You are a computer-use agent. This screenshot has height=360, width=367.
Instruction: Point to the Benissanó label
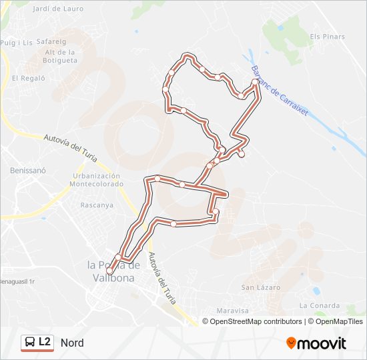[x=27, y=171]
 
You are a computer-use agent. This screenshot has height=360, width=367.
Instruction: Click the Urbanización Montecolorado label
[x=97, y=179]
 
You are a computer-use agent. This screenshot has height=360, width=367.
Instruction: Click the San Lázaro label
[x=261, y=287]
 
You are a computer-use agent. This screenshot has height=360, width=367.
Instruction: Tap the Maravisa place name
[x=233, y=311]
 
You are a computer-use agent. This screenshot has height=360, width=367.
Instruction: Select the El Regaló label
[x=28, y=78]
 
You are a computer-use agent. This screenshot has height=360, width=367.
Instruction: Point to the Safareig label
[x=52, y=41]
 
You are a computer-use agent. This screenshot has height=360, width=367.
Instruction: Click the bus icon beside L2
[x=29, y=343]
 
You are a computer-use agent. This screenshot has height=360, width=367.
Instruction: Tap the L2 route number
[x=45, y=342]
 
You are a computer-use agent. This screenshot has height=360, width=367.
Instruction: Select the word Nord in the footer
[x=72, y=343]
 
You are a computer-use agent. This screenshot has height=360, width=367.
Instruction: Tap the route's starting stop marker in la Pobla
[x=109, y=271]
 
